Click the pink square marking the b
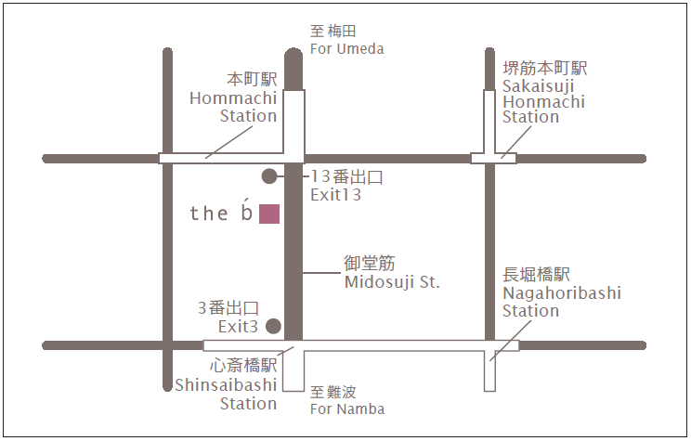click(269, 214)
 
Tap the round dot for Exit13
click(269, 175)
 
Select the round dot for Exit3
click(273, 326)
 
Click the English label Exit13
click(335, 195)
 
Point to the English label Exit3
click(238, 326)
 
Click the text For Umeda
click(346, 49)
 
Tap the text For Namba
click(347, 409)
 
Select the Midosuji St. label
click(391, 282)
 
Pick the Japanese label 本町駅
click(252, 79)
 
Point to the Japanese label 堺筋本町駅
click(545, 69)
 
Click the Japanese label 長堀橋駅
click(536, 274)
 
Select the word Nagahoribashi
click(562, 292)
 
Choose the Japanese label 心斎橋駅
click(243, 366)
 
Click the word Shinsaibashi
click(226, 384)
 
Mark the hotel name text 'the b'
click(221, 214)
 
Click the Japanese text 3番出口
click(228, 307)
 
